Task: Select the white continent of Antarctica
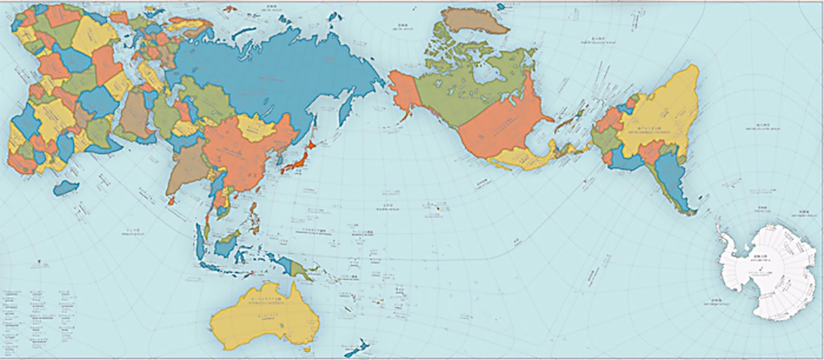pyautogui.click(x=766, y=272)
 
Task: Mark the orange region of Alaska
pyautogui.click(x=402, y=97)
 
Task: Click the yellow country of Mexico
pyautogui.click(x=515, y=159)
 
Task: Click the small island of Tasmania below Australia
pyautogui.click(x=305, y=350)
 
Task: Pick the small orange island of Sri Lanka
pyautogui.click(x=173, y=201)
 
